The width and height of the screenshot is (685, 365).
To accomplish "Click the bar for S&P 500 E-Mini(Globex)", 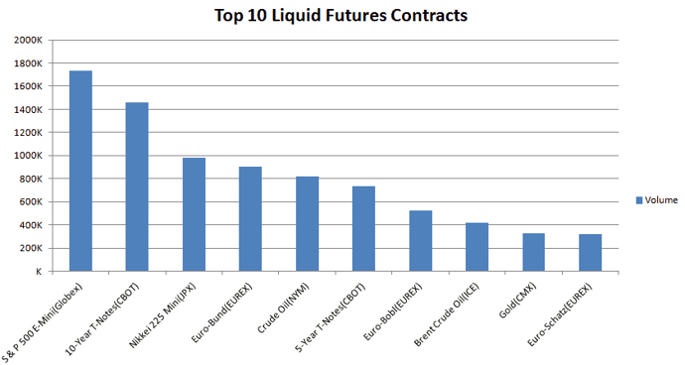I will pos(80,171).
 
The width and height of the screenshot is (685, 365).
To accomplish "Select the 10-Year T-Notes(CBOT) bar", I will pos(137,186).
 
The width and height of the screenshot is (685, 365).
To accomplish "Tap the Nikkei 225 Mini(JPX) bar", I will pos(194,214).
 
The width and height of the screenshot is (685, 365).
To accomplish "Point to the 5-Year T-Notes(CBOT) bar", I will pos(363,229).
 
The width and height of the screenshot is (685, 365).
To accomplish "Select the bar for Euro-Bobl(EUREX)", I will pos(421,241).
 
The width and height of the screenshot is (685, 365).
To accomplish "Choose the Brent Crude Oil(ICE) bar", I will pos(478,247).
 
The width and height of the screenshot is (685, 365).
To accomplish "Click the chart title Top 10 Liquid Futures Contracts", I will pos(342,16).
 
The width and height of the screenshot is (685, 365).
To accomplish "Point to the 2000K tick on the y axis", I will pos(27,41).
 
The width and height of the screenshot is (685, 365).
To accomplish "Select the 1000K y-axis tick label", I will pos(27,156).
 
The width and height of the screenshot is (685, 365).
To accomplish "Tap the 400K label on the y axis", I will pos(29,225).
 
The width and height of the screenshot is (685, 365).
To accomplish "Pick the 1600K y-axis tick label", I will pos(27,86).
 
